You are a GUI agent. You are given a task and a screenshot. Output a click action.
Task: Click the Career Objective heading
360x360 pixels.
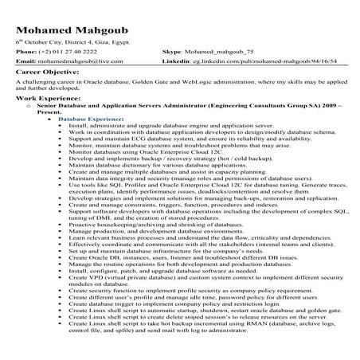(53, 72)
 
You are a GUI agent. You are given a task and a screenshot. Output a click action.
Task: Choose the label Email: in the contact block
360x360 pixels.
(25, 61)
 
